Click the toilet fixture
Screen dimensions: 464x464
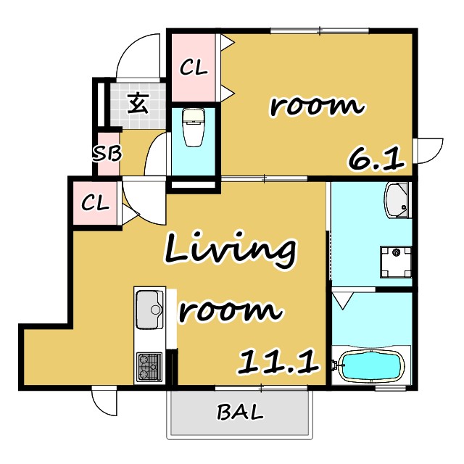(194, 128)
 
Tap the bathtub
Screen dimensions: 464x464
(371, 365)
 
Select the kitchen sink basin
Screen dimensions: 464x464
(149, 310)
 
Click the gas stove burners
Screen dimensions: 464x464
(149, 366)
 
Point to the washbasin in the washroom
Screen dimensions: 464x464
(397, 200)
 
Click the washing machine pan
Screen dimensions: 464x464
(396, 262)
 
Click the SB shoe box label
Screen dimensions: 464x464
(107, 154)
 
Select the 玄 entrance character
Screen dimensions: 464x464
(138, 103)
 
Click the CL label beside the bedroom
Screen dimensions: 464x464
(194, 67)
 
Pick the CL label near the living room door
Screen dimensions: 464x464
(95, 203)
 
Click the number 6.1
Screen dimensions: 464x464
(376, 159)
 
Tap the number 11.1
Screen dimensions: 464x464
(278, 362)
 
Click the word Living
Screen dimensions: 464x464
(230, 251)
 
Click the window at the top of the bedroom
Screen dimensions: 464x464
(320, 30)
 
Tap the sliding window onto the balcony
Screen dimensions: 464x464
(261, 387)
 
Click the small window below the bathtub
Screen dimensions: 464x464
(386, 388)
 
